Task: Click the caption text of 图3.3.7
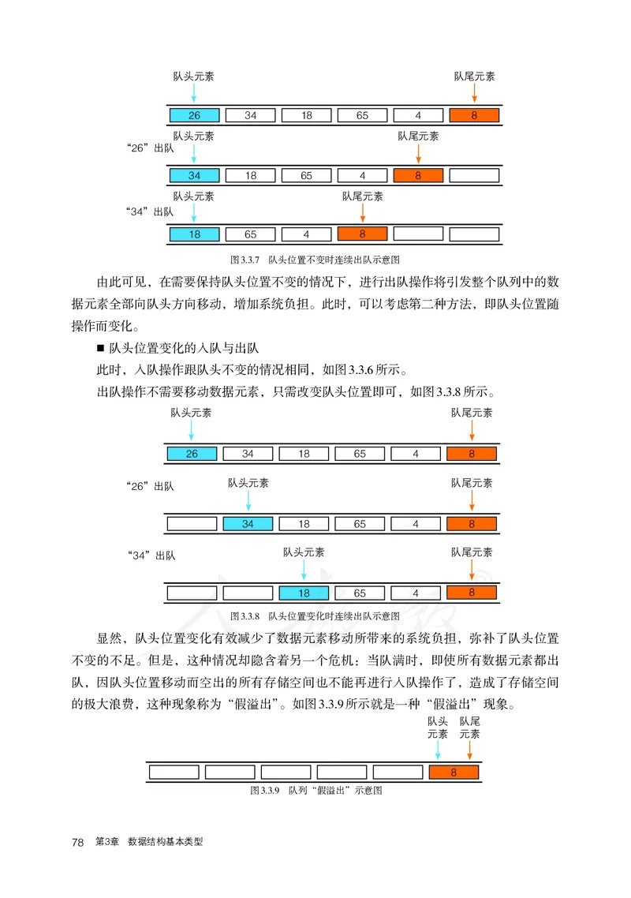point(319,259)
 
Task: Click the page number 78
point(77,843)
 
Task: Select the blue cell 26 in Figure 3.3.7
point(194,116)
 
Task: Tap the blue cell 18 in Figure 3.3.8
point(304,593)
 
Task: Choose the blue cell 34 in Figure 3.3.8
point(248,523)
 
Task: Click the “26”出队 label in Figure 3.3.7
point(150,148)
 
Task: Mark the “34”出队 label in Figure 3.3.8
point(151,556)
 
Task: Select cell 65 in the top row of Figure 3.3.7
point(362,116)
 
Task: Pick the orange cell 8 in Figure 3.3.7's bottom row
point(362,234)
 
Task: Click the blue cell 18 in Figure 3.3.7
point(194,234)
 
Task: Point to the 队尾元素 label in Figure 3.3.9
point(470,728)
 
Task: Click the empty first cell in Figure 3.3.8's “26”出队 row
point(192,523)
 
